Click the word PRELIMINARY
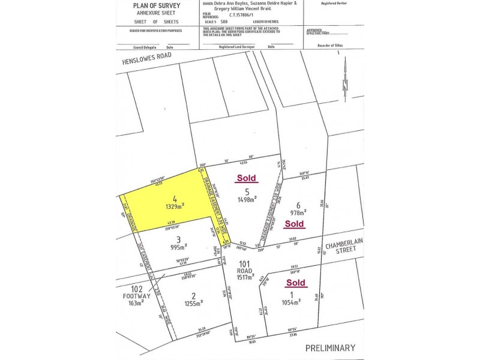[x=330, y=347]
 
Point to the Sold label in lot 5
[x=247, y=178]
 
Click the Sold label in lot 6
[x=295, y=224]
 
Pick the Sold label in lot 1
[x=296, y=282]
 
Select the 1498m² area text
[x=247, y=199]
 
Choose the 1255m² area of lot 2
[x=193, y=302]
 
